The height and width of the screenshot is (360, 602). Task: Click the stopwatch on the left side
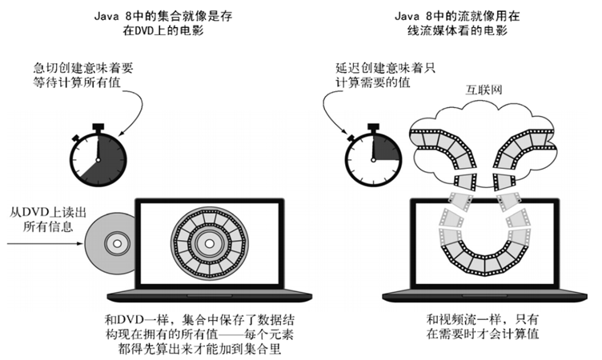point(98,156)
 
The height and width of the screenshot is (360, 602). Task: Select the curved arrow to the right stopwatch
point(332,112)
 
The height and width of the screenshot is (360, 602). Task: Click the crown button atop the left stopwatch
point(98,126)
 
